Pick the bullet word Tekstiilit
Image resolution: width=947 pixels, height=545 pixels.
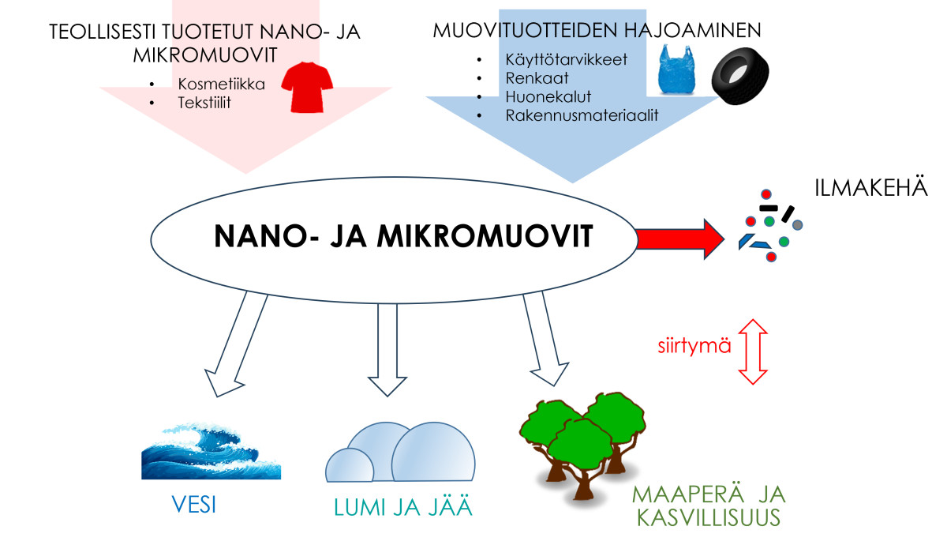[204, 102]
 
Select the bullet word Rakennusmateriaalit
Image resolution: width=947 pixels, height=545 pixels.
[582, 115]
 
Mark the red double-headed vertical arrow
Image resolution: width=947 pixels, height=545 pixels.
[755, 351]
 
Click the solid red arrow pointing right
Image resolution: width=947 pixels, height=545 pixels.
[679, 237]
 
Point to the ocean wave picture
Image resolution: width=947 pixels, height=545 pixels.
[211, 452]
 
